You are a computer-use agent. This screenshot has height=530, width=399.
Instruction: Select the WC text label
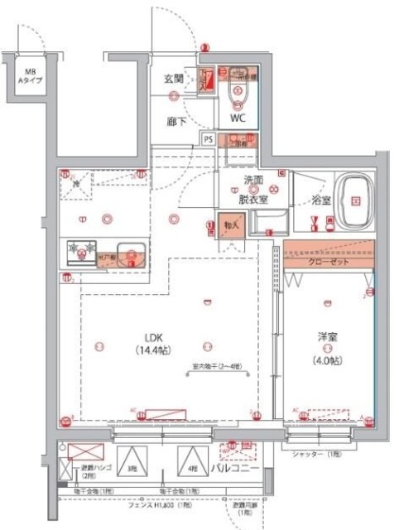[x=238, y=118]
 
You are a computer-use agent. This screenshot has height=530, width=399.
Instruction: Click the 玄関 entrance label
[x=173, y=79]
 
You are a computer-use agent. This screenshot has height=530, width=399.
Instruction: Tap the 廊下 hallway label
[x=173, y=120]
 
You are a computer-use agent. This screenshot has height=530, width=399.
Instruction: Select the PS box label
[x=208, y=139]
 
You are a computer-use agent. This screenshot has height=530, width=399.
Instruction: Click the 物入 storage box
[x=232, y=224]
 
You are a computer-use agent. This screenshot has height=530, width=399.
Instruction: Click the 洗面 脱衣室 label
[x=253, y=189]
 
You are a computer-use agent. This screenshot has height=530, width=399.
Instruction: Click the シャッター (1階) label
[x=314, y=455]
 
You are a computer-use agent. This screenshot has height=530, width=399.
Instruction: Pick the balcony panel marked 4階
[x=190, y=467]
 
